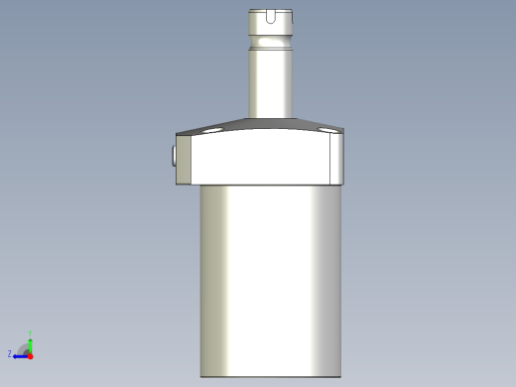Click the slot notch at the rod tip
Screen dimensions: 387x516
pyautogui.click(x=272, y=15)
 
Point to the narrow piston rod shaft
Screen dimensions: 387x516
pyautogui.click(x=270, y=84)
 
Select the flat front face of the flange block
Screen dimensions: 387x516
pyautogui.click(x=261, y=159)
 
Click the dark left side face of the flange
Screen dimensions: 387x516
pyautogui.click(x=185, y=159)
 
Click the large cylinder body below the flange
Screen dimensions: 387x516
pyautogui.click(x=270, y=278)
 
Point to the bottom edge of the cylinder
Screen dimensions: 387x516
pyautogui.click(x=270, y=376)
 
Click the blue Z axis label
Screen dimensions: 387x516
pyautogui.click(x=10, y=353)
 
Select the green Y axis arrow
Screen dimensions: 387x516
pyautogui.click(x=31, y=342)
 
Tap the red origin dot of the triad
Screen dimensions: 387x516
pyautogui.click(x=31, y=354)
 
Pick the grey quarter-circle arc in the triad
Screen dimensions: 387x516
pyautogui.click(x=24, y=346)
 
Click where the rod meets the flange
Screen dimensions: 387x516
pyautogui.click(x=270, y=116)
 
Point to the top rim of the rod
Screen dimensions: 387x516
pyautogui.click(x=271, y=9)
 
